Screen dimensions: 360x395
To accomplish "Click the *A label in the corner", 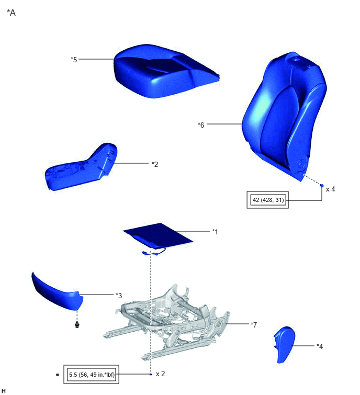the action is [12, 13].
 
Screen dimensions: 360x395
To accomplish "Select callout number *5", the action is [74, 60].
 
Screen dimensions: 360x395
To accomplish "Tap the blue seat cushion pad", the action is [166, 71].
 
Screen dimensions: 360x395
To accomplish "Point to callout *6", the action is [201, 125].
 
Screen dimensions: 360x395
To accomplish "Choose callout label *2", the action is [155, 164].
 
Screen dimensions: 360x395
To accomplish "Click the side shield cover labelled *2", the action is [81, 167].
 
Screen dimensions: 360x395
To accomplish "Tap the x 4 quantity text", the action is [330, 189].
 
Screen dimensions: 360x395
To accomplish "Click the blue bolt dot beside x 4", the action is [322, 186].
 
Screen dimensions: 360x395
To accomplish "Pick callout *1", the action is [215, 232].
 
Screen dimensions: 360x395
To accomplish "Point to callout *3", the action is [119, 295].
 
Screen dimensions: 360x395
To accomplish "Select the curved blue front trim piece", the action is [58, 292].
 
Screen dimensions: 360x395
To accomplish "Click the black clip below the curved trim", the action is [77, 325].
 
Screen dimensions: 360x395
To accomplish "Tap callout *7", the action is [254, 325].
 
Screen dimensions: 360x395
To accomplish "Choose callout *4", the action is [320, 346].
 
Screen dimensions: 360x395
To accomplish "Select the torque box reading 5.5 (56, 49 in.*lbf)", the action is [92, 375].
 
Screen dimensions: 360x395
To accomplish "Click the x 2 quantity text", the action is [160, 374].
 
